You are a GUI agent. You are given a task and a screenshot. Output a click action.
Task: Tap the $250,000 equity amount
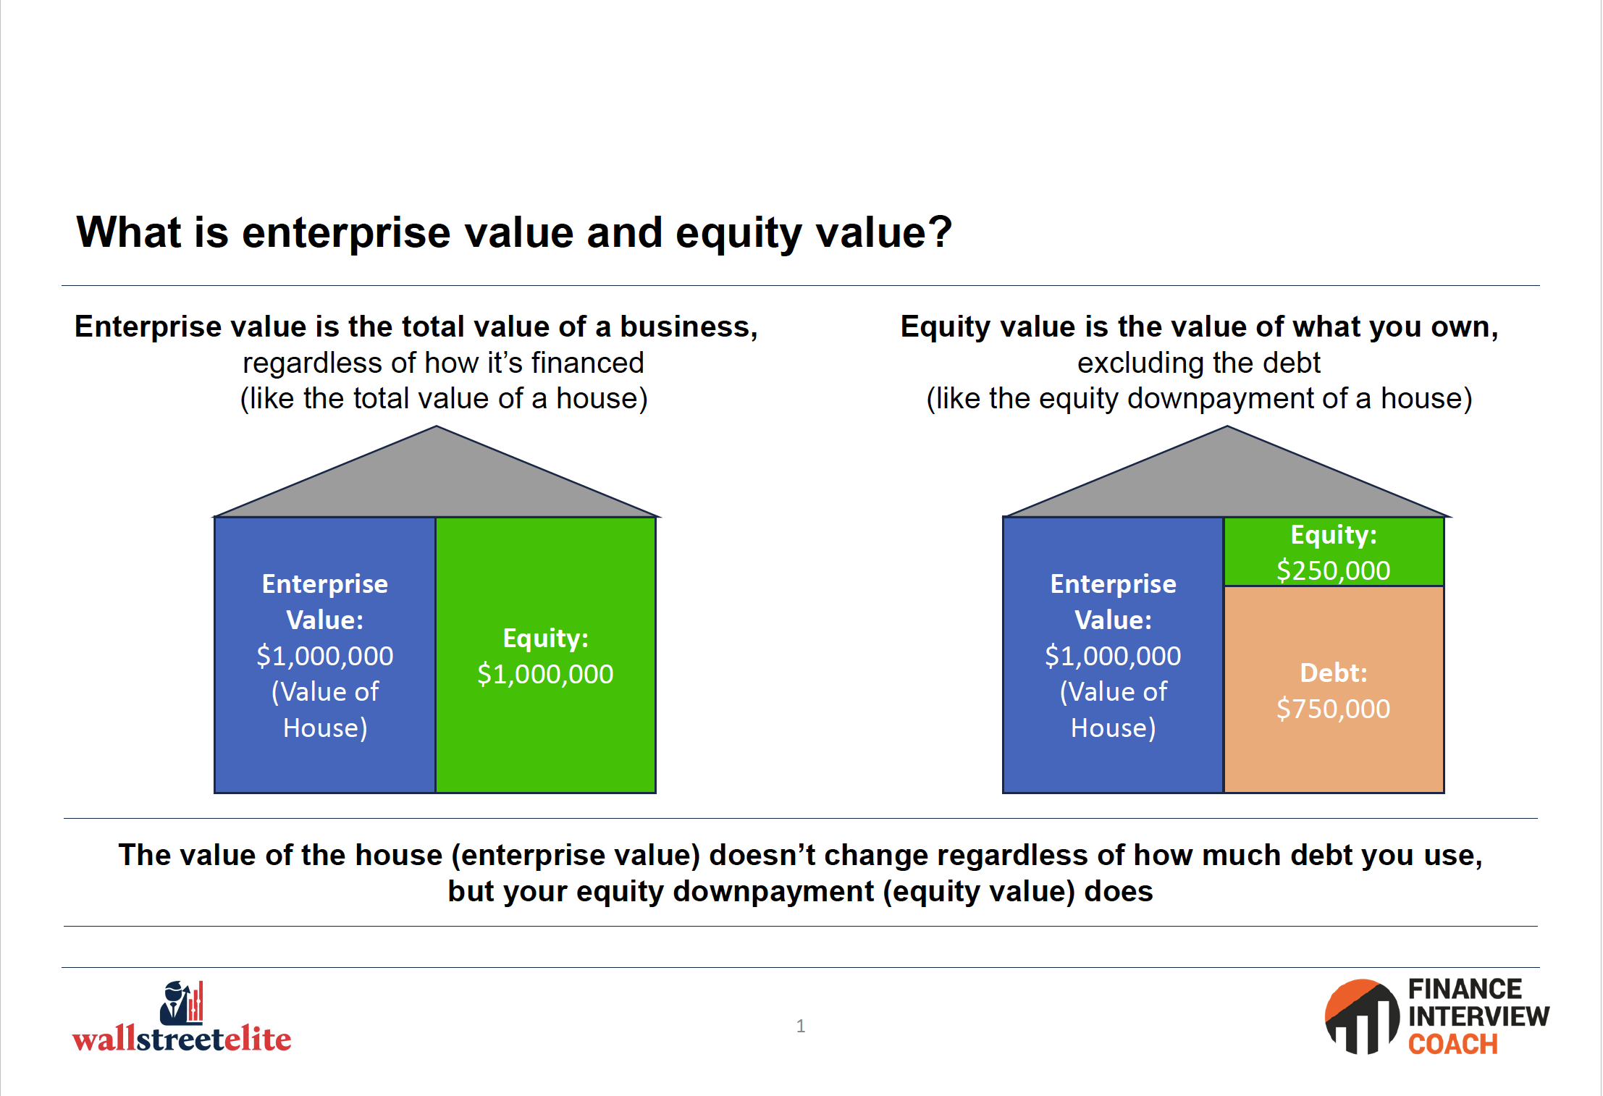tap(1333, 570)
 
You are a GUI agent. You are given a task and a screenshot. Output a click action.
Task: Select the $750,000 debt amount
tap(1333, 709)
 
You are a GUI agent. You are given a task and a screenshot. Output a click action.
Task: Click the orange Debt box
tap(1334, 689)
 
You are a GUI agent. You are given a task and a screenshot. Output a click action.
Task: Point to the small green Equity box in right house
tap(1334, 552)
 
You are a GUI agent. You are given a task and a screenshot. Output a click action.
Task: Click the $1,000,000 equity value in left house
tap(545, 674)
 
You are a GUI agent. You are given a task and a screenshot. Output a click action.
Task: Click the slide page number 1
tap(801, 1026)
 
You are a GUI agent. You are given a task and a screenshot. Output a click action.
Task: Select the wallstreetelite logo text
tap(182, 1039)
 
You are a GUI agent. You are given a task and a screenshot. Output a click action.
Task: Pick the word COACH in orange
tap(1452, 1044)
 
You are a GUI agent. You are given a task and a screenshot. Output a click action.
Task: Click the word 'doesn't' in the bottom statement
tap(762, 855)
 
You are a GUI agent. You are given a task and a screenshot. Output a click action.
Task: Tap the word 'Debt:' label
tap(1334, 673)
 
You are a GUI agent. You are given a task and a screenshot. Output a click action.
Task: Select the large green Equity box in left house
tap(546, 655)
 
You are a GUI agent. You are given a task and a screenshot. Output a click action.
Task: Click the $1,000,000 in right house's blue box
tap(1113, 656)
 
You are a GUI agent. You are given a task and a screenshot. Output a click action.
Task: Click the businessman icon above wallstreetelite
tap(181, 1003)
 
